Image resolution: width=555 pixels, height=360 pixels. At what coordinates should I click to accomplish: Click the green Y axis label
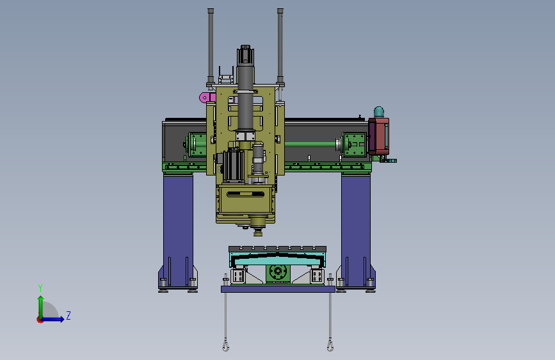[x=40, y=288]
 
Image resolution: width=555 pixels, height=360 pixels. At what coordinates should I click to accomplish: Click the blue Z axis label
[x=68, y=315]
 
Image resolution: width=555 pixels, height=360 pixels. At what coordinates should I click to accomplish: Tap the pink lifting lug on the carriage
[x=207, y=97]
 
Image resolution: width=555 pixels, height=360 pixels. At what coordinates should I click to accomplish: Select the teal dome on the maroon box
[x=379, y=112]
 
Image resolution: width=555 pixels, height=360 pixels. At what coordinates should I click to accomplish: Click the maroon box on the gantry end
[x=378, y=136]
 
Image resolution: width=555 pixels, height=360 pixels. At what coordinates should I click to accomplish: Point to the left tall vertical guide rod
[x=211, y=47]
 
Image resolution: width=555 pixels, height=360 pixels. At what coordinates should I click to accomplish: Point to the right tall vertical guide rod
[x=280, y=47]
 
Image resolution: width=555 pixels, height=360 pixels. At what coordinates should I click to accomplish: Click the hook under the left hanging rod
[x=225, y=345]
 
